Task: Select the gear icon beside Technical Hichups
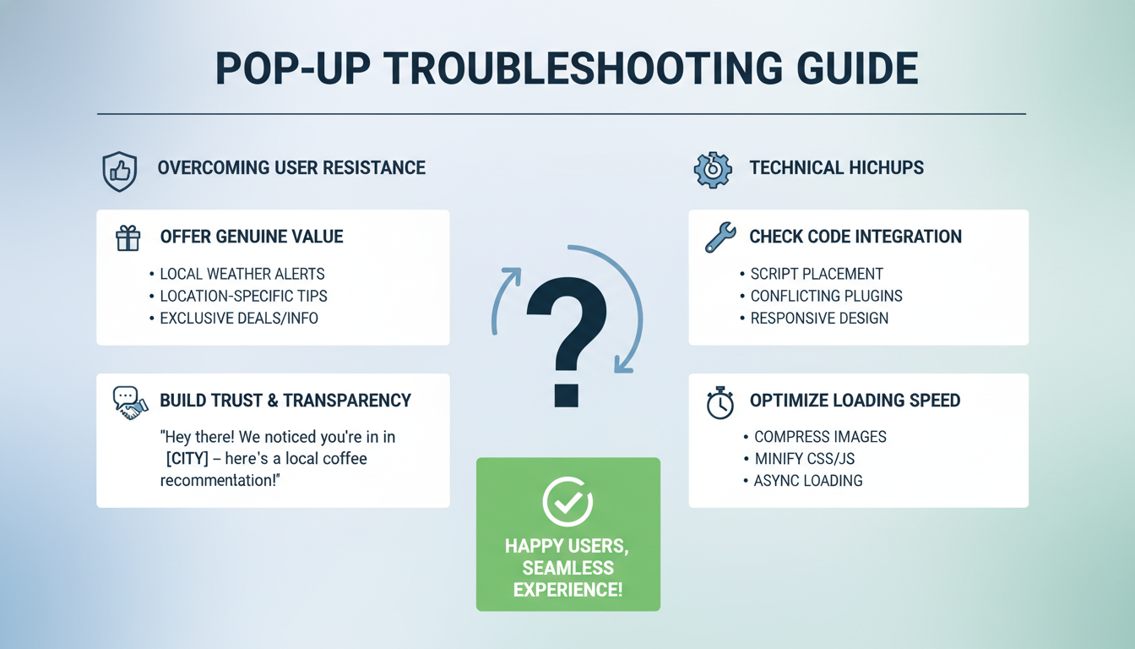(712, 168)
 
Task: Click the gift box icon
(128, 237)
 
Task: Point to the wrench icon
(720, 237)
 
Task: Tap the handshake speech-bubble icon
(129, 401)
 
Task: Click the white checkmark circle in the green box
(567, 502)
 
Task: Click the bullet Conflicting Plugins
(826, 296)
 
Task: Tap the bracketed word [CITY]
(187, 459)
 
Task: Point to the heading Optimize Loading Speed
(855, 401)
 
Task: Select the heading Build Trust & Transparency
(285, 401)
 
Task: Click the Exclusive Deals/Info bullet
(239, 319)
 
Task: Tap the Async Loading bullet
(808, 481)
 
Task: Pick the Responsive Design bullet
(819, 319)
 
